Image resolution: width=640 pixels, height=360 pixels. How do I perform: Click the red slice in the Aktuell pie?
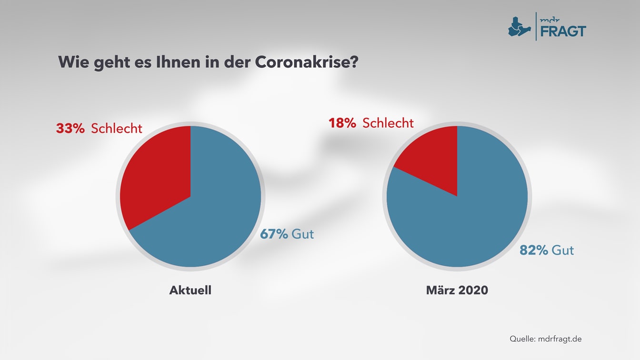(x=152, y=176)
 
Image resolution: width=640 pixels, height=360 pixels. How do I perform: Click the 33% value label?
(x=70, y=128)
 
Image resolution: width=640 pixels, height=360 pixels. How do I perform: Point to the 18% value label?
(x=342, y=123)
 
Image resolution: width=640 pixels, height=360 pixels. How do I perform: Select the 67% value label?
(x=274, y=234)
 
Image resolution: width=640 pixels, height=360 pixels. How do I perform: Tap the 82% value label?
(x=534, y=250)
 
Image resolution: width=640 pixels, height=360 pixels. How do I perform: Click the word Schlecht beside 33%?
(x=117, y=128)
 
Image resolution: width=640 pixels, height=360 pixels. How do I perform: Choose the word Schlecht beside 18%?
(x=388, y=123)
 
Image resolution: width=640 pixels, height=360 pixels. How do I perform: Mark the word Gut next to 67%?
(x=303, y=234)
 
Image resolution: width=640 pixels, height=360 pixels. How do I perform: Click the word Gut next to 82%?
(x=563, y=250)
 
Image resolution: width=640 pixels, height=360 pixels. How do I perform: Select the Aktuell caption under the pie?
(x=190, y=290)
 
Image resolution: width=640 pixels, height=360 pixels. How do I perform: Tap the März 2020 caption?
(x=457, y=290)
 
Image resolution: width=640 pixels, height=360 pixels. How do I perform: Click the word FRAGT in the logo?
(x=563, y=31)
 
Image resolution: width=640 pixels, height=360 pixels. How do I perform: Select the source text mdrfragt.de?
(x=560, y=339)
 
